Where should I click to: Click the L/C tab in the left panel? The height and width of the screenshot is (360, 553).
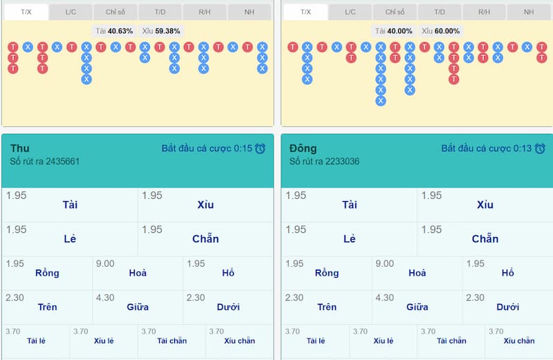click(71, 12)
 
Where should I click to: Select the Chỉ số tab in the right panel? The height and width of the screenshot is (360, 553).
click(395, 12)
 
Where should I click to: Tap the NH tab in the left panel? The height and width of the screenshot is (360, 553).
click(249, 12)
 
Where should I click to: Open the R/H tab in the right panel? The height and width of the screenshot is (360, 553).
click(484, 12)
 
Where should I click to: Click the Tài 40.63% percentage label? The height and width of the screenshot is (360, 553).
click(113, 31)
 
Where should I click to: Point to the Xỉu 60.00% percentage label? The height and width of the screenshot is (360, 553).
click(440, 31)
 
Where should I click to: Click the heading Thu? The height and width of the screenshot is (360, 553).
click(20, 149)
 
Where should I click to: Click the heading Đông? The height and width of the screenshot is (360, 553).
click(303, 149)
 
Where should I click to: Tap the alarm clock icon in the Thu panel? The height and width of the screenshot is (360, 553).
click(260, 149)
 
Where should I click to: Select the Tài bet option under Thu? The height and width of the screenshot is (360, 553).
click(70, 205)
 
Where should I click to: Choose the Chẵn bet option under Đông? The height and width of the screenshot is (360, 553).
click(485, 239)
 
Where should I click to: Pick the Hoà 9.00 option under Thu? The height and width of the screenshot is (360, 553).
click(138, 272)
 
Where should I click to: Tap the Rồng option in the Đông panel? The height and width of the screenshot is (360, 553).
click(326, 272)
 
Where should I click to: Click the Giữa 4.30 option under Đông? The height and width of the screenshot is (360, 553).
click(417, 306)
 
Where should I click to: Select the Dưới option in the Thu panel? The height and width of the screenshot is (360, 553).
click(228, 306)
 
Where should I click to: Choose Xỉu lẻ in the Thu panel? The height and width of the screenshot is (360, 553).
click(104, 340)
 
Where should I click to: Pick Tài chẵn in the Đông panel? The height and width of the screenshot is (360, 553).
click(451, 340)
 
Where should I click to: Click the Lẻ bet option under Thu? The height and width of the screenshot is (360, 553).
click(70, 239)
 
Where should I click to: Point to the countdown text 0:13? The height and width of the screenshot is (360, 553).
click(522, 149)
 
